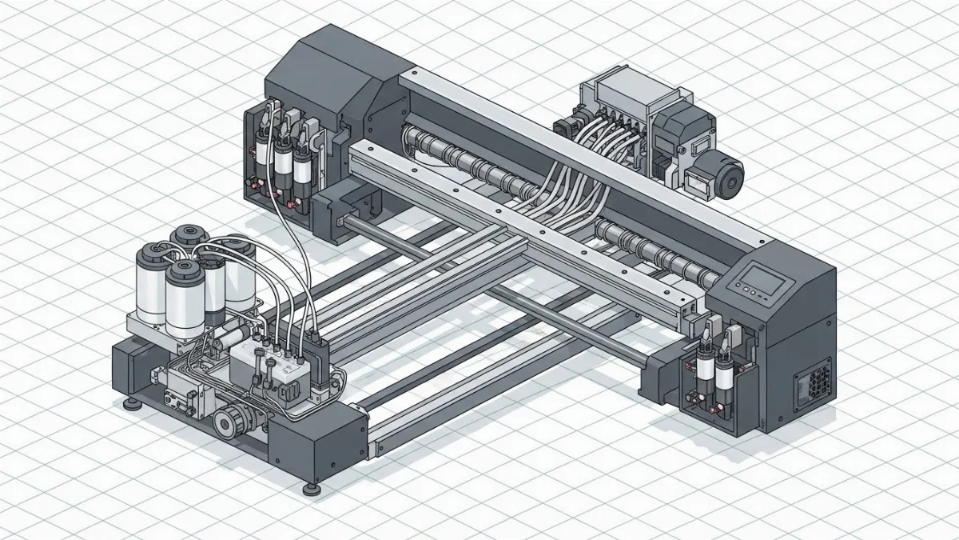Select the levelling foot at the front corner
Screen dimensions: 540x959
click(308, 486)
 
